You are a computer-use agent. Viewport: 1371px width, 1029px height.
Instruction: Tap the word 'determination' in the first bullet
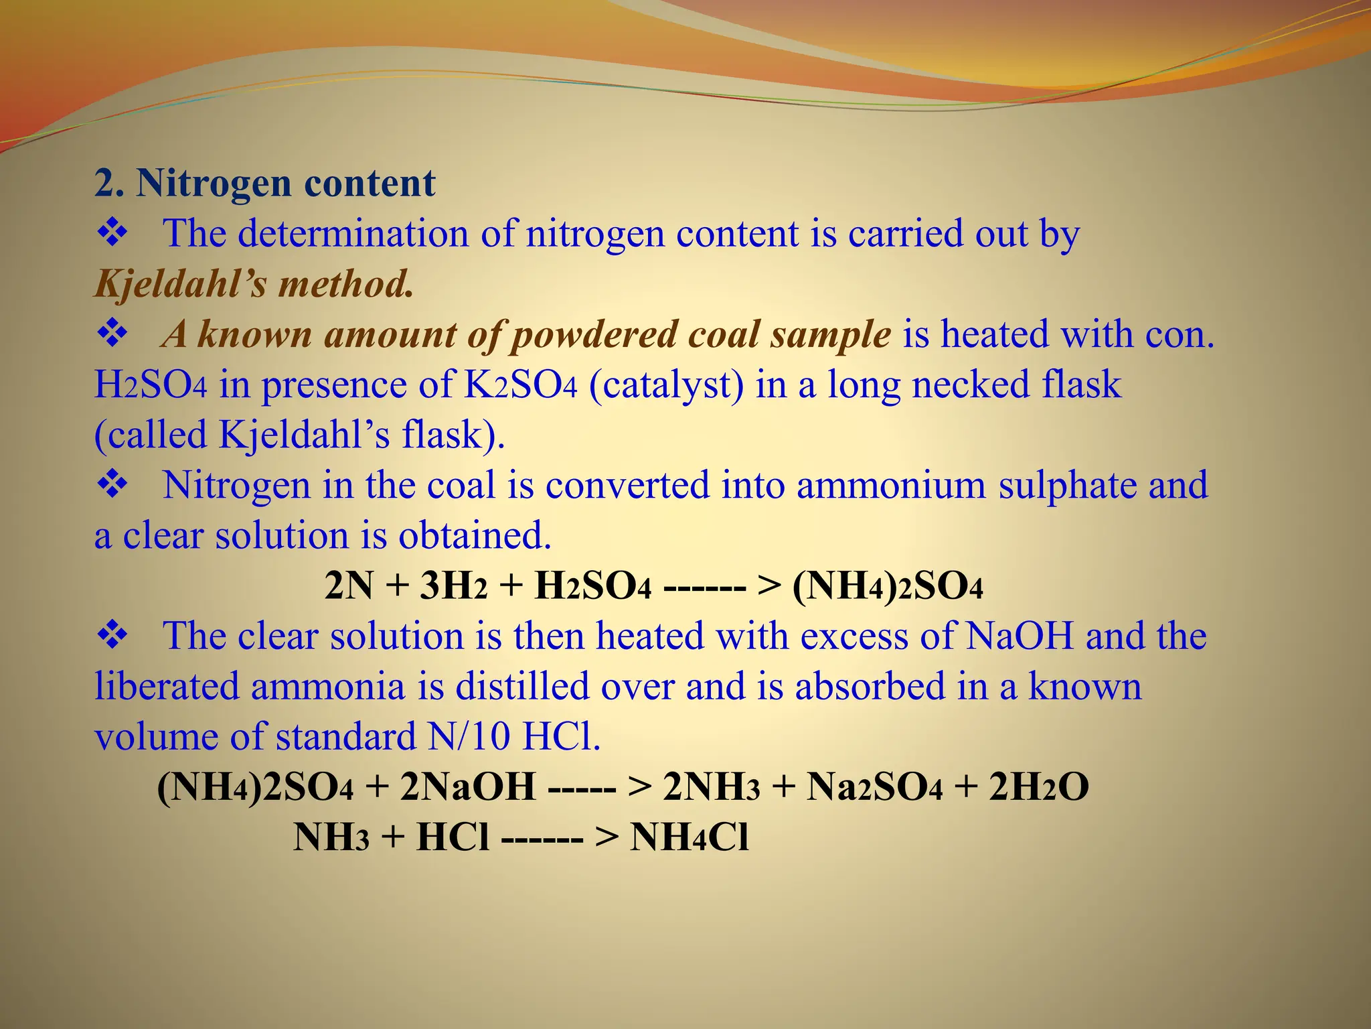(x=353, y=234)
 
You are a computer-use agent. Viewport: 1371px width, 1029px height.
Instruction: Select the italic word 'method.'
(x=346, y=284)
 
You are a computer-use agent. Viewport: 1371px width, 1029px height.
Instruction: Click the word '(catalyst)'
(x=666, y=385)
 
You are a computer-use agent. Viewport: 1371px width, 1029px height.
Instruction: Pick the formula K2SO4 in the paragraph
(x=519, y=385)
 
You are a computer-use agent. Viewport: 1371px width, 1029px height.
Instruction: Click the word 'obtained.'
(x=475, y=536)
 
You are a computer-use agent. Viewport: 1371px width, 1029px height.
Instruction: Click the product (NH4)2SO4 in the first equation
(x=887, y=586)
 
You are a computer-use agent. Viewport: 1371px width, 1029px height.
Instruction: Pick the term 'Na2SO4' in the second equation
(x=874, y=787)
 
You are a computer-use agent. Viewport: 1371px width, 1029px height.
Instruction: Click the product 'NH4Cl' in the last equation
(x=689, y=837)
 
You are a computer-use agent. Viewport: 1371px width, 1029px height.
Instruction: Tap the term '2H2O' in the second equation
(x=1039, y=787)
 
